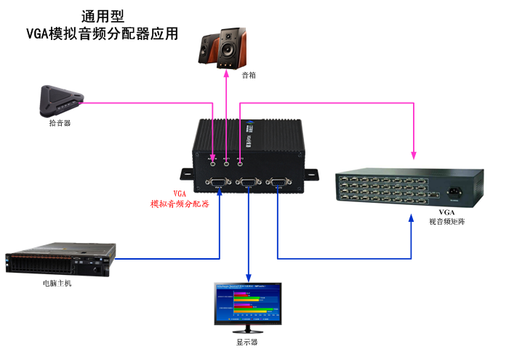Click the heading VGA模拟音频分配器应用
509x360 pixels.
102,33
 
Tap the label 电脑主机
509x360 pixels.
57,284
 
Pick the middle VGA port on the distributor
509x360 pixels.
249,182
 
